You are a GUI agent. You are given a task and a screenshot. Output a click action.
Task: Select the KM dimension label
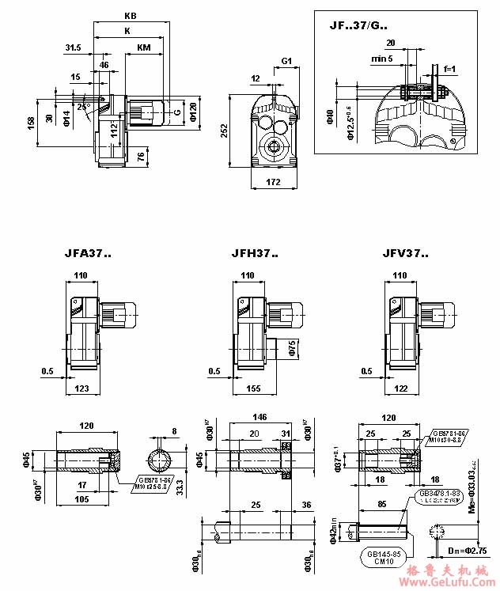coord(144,47)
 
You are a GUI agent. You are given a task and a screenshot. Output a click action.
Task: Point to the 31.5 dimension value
coord(74,47)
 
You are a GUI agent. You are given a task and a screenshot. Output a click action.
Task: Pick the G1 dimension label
coord(286,61)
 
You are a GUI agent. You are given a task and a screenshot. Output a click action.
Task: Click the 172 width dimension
coord(275,183)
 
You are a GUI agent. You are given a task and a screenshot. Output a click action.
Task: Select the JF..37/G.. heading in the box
coord(358,25)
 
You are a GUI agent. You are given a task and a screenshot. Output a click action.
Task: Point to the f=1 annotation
coord(449,70)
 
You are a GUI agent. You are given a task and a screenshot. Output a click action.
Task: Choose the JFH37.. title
coord(254,255)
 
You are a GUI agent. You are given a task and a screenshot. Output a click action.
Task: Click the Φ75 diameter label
coord(291,348)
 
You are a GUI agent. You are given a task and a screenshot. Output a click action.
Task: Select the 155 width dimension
coord(256,388)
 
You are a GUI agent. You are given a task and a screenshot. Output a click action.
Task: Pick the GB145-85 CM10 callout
coord(387,556)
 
